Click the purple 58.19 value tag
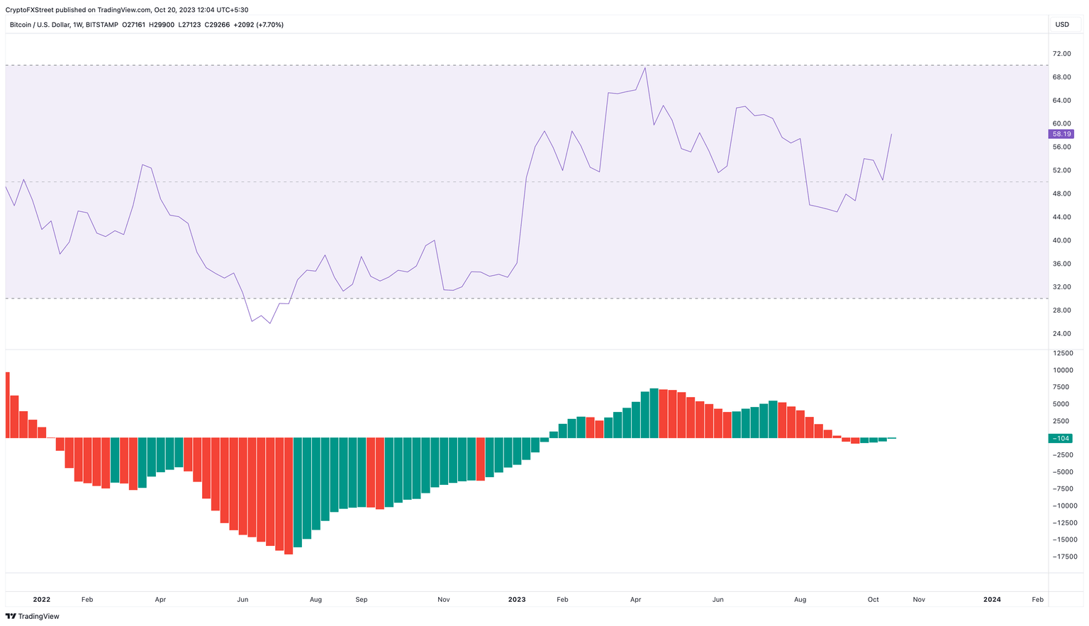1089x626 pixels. [1061, 134]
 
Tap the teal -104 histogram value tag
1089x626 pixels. [1061, 438]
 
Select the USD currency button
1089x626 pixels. [1062, 25]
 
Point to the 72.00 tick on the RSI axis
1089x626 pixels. [1061, 54]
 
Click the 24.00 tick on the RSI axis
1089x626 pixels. [1061, 334]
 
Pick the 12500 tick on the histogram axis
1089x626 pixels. [1063, 353]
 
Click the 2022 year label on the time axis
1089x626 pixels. [42, 600]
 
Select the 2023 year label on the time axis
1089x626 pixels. [517, 600]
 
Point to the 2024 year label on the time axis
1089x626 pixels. [992, 600]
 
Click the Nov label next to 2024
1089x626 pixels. [919, 600]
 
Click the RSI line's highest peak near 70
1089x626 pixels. [644, 67]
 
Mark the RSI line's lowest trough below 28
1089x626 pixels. [270, 323]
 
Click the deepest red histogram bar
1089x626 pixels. [289, 496]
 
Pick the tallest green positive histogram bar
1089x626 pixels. [654, 413]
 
